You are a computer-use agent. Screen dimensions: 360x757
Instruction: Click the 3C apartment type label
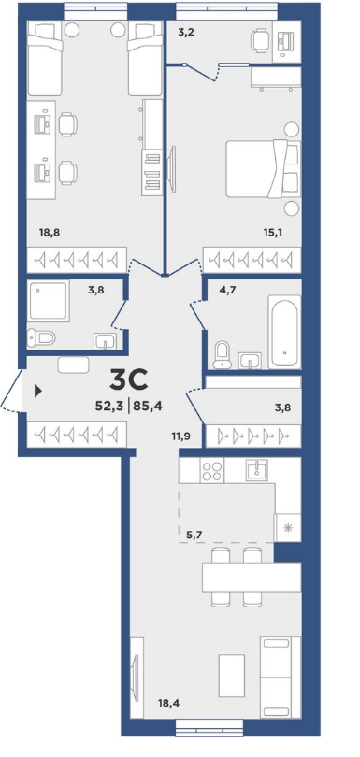[x=128, y=378]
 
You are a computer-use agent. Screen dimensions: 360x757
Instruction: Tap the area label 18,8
[x=50, y=232]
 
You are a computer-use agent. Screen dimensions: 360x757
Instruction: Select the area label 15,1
[x=273, y=232]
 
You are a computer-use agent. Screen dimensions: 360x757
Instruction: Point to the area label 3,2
[x=185, y=33]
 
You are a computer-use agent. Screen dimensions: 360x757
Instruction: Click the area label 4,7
[x=215, y=290]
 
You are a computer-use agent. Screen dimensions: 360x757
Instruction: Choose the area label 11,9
[x=180, y=436]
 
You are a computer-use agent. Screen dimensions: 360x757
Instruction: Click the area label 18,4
[x=167, y=705]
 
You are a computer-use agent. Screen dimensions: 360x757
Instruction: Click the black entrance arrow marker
[x=38, y=391]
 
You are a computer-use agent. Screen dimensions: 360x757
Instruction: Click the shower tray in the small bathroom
[x=48, y=301]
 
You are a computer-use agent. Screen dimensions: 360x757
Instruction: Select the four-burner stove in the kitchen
[x=211, y=470]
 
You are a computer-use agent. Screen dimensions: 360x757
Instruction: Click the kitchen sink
[x=256, y=470]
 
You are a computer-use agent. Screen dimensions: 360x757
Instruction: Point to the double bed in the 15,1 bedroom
[x=263, y=168]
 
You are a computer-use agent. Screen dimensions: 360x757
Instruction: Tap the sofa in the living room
[x=281, y=677]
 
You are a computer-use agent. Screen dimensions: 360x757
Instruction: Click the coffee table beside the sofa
[x=232, y=676]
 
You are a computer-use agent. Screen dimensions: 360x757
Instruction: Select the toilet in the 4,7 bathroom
[x=223, y=354]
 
